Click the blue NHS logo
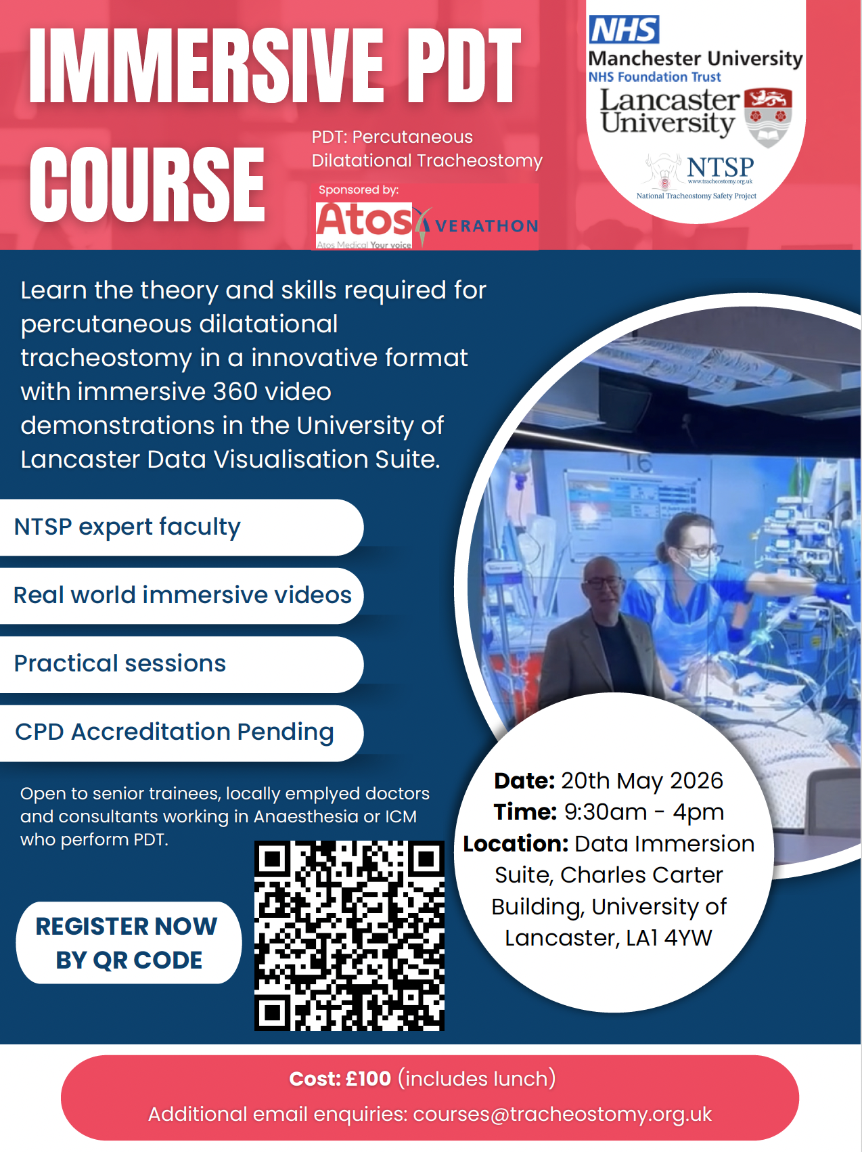click(x=624, y=30)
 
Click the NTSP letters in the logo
click(x=720, y=167)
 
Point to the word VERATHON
click(x=486, y=226)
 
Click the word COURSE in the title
click(x=147, y=185)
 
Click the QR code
click(x=349, y=935)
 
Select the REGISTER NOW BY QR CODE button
click(x=129, y=942)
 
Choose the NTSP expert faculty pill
click(x=181, y=527)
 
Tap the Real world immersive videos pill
click(x=181, y=596)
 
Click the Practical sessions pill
click(x=181, y=664)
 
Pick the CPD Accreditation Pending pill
click(x=181, y=733)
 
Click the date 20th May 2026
click(x=642, y=781)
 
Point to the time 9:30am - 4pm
click(x=644, y=812)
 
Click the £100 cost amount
click(x=368, y=1078)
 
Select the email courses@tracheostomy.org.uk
click(x=562, y=1114)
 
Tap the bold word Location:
click(x=516, y=844)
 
